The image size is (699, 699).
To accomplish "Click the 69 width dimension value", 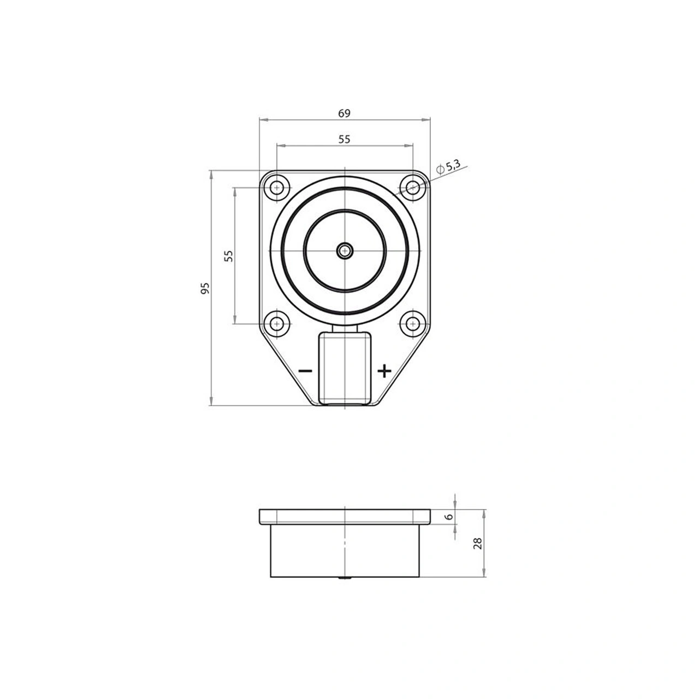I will [343, 113].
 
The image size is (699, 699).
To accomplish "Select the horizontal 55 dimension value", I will [343, 139].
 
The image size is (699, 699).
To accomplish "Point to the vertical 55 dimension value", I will [229, 256].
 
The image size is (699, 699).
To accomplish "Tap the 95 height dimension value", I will [205, 289].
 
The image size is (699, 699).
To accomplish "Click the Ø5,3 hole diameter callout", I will [450, 167].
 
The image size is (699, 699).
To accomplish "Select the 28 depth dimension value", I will [478, 543].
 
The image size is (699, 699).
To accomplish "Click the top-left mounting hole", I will [277, 188].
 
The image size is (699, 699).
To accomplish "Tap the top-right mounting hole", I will [412, 188].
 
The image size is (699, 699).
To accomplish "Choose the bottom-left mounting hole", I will [277, 323].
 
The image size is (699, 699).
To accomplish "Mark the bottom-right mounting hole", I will [412, 323].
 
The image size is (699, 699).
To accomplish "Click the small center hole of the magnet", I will [345, 251].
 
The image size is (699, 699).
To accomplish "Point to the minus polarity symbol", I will [305, 371].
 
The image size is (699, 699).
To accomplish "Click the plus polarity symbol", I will [384, 371].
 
